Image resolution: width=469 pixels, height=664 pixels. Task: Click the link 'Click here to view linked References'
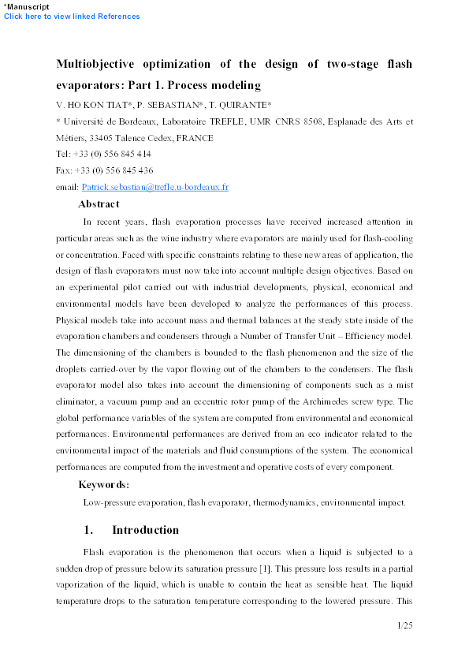point(72,17)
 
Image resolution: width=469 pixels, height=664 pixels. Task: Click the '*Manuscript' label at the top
point(27,6)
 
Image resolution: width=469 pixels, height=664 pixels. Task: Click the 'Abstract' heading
point(99,204)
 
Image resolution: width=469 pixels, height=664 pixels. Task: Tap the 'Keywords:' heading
point(104,484)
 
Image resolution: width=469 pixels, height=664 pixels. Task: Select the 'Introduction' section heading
point(145,530)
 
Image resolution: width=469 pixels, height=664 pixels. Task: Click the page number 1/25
point(404,625)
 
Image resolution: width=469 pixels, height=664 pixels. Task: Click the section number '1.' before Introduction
point(89,530)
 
